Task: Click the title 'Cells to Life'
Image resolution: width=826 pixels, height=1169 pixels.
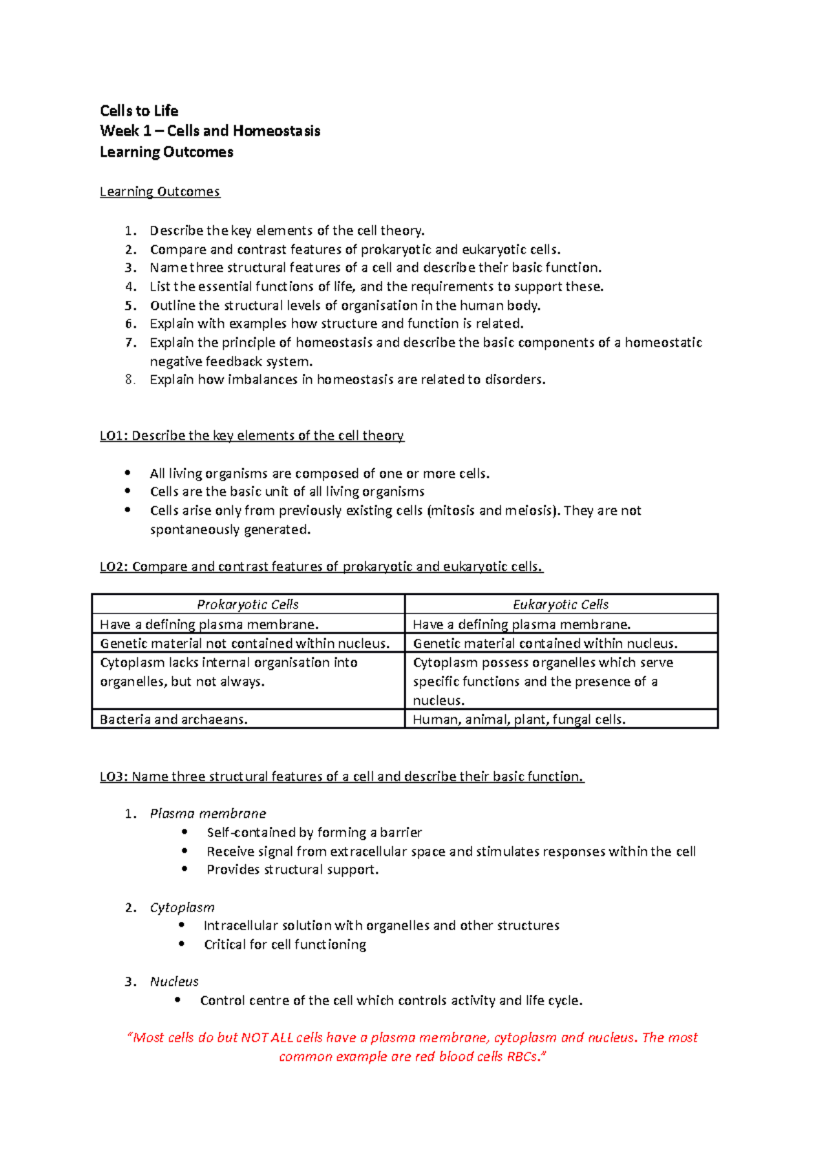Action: (139, 111)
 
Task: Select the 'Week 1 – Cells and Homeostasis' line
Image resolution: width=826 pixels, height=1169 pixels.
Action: (210, 131)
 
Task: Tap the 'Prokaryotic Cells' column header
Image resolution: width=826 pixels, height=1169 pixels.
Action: (248, 604)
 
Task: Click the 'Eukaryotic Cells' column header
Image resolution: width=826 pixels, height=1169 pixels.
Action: (560, 604)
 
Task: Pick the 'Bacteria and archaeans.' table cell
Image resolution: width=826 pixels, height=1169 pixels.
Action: (173, 719)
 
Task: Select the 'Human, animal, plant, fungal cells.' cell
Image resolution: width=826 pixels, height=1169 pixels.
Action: (519, 719)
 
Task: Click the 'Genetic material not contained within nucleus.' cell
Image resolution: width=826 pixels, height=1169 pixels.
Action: (245, 643)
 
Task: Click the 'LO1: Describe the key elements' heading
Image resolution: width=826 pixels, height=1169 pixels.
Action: (252, 436)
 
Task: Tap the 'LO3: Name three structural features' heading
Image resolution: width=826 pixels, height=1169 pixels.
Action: (341, 777)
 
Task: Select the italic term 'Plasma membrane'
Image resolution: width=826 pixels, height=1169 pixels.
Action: (208, 814)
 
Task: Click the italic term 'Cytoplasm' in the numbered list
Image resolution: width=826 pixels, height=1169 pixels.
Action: (182, 907)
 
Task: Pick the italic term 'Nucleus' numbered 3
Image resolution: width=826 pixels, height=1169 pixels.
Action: (174, 982)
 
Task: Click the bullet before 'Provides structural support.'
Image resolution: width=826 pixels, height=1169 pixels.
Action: (184, 870)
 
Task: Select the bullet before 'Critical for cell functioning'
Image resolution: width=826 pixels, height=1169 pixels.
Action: (182, 945)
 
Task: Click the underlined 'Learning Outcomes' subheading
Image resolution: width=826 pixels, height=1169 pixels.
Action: (160, 191)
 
